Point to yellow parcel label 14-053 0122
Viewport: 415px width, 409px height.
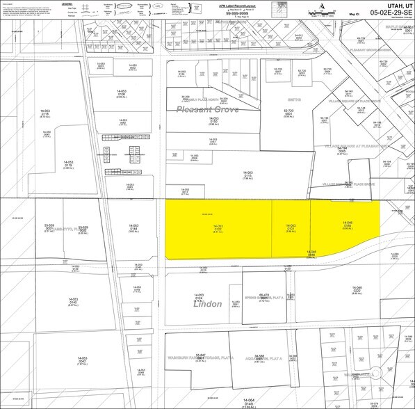218,229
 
